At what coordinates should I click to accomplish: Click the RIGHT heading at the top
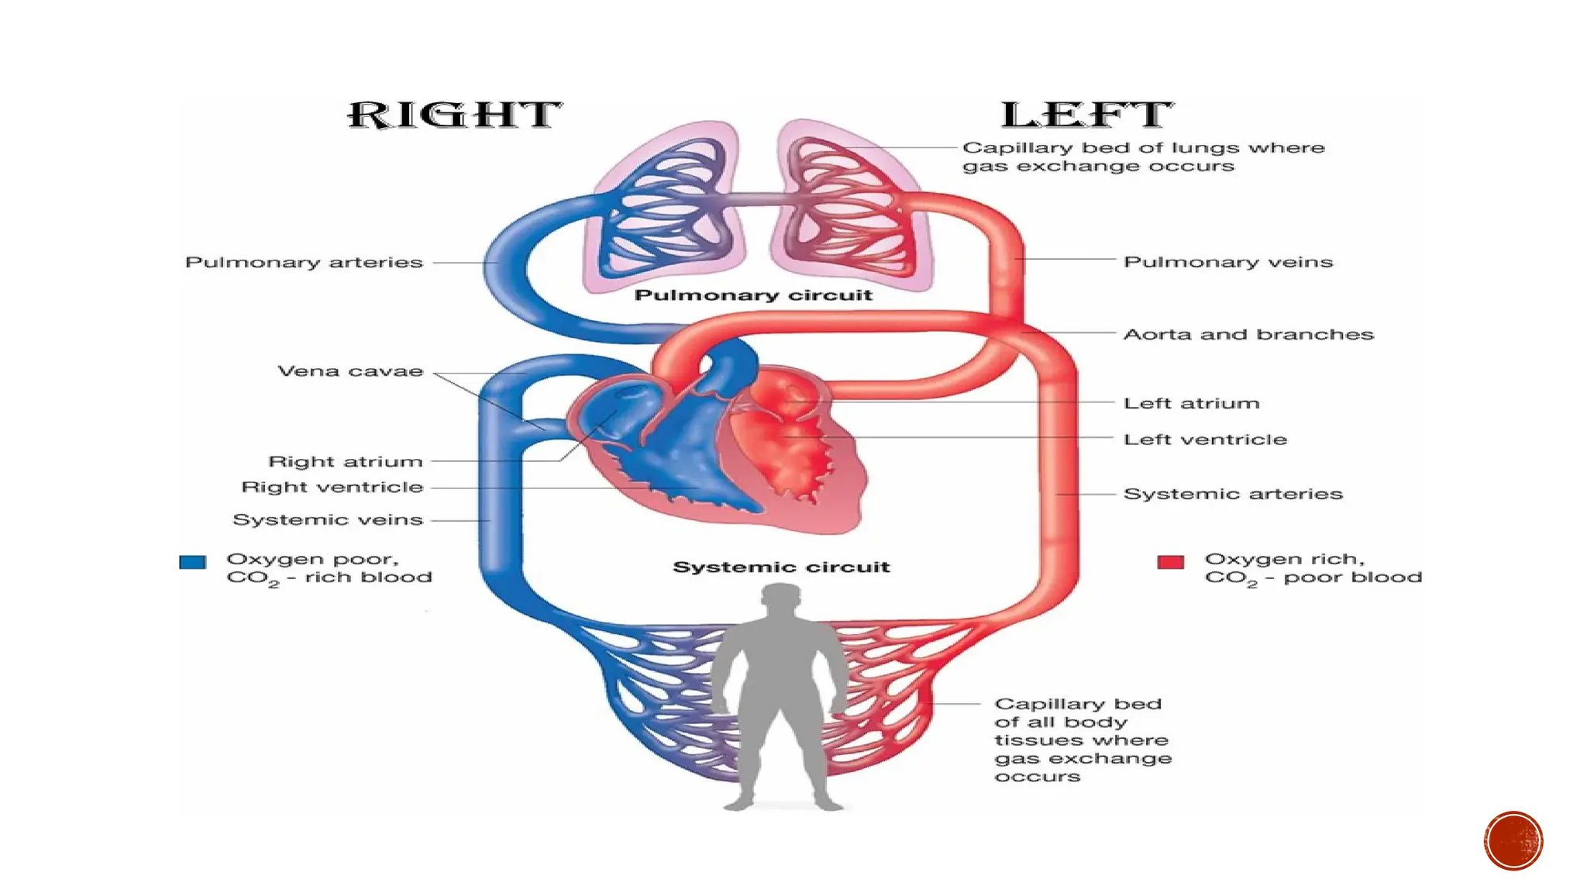coord(454,116)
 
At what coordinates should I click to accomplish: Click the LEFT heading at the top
coord(1086,116)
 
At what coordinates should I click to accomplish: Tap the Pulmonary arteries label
coord(304,263)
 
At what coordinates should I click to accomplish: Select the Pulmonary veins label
coord(1228,262)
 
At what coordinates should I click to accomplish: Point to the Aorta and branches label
coord(1248,334)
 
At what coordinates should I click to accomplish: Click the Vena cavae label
coord(350,371)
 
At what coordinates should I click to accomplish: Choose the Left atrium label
coord(1192,403)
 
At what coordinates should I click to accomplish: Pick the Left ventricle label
coord(1205,440)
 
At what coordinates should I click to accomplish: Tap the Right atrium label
coord(346,462)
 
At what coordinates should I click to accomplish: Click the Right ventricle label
coord(332,488)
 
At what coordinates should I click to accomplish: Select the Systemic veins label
coord(328,520)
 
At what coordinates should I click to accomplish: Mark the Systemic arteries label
coord(1233,494)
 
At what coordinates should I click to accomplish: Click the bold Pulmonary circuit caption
coord(753,295)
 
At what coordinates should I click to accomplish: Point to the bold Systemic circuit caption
coord(781,567)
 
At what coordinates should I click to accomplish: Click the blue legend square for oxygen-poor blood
coord(193,562)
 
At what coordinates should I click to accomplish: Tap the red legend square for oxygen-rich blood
coord(1170,562)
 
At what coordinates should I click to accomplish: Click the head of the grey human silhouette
coord(780,602)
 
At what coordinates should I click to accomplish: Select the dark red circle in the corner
coord(1513,841)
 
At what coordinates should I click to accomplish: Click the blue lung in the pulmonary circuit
coord(666,209)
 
